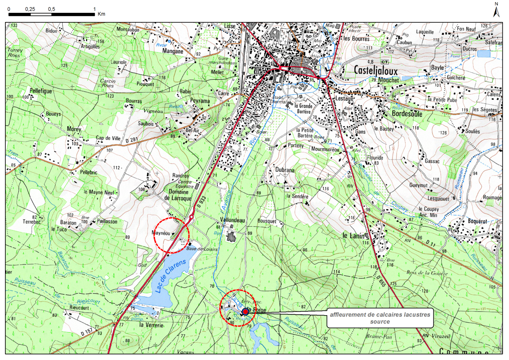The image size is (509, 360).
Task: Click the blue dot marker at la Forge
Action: point(245,311)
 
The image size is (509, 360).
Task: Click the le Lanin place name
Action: point(351,235)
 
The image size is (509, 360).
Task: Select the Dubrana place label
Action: point(285,170)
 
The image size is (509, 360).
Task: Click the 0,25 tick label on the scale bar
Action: point(30,9)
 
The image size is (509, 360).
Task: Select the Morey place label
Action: point(74,129)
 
